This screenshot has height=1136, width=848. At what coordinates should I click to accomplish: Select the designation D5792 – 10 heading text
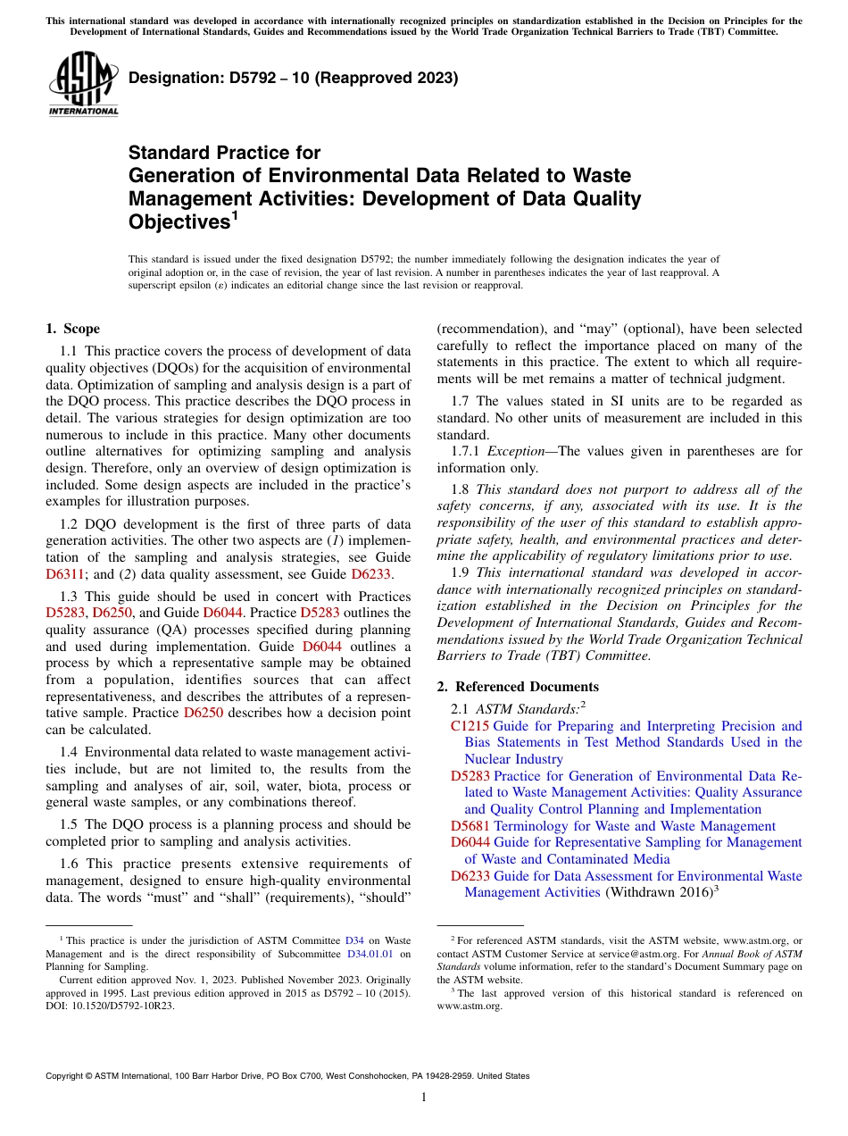[293, 78]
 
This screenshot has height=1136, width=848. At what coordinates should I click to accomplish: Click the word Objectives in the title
[179, 221]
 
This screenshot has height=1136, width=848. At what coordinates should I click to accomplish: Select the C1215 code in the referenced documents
[470, 726]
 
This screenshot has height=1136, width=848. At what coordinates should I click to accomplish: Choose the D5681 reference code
[470, 826]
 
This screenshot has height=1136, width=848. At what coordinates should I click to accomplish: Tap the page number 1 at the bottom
[424, 1097]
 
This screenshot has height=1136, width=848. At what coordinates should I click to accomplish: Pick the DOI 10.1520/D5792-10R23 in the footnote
[110, 1005]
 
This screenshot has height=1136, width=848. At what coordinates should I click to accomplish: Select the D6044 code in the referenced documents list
[470, 842]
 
